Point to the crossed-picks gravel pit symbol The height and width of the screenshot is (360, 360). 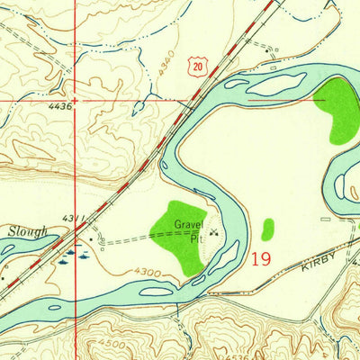[213, 231]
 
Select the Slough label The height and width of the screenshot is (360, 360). [27, 230]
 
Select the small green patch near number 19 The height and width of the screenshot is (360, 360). [267, 229]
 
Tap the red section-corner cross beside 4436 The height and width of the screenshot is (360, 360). [76, 101]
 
